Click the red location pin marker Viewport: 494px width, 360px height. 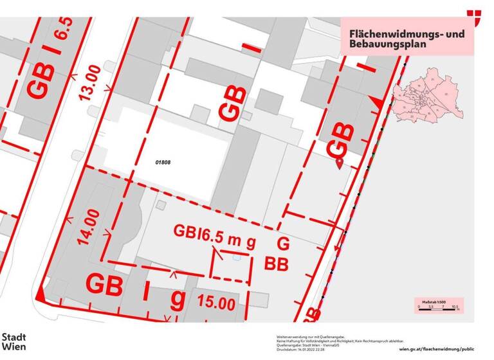[340, 163]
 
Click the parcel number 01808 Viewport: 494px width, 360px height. [162, 163]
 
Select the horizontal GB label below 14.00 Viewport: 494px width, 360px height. [104, 285]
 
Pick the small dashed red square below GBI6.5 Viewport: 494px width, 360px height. [231, 265]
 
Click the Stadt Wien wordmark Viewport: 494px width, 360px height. [14, 341]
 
